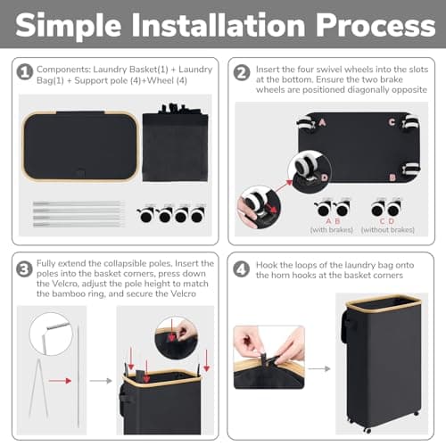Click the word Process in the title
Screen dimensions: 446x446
click(x=376, y=26)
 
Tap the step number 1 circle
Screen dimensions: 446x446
click(x=25, y=72)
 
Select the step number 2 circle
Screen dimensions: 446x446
click(x=242, y=73)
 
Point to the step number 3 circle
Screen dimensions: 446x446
click(x=24, y=269)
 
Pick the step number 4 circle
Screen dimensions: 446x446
click(x=241, y=269)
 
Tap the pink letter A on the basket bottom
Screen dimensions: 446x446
click(x=322, y=122)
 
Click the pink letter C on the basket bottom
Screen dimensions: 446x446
click(x=392, y=122)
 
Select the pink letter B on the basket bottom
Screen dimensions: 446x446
click(x=392, y=178)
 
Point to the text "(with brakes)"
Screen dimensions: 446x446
click(x=332, y=230)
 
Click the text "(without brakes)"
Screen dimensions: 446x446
click(x=388, y=230)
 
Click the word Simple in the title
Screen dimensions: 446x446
click(x=69, y=26)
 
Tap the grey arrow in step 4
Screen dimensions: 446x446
click(x=319, y=368)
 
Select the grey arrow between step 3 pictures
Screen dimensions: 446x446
click(x=101, y=381)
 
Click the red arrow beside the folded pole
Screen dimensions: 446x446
click(x=60, y=381)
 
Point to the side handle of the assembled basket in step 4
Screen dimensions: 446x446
click(x=346, y=326)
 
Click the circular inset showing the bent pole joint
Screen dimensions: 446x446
click(x=51, y=334)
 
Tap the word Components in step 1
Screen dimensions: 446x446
click(x=63, y=70)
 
